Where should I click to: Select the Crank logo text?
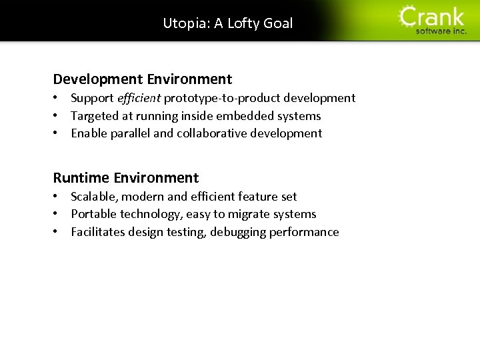tap(433, 17)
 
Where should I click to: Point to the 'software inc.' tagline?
tap(441, 31)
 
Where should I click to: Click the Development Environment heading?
tap(143, 79)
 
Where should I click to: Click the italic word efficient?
tap(139, 98)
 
